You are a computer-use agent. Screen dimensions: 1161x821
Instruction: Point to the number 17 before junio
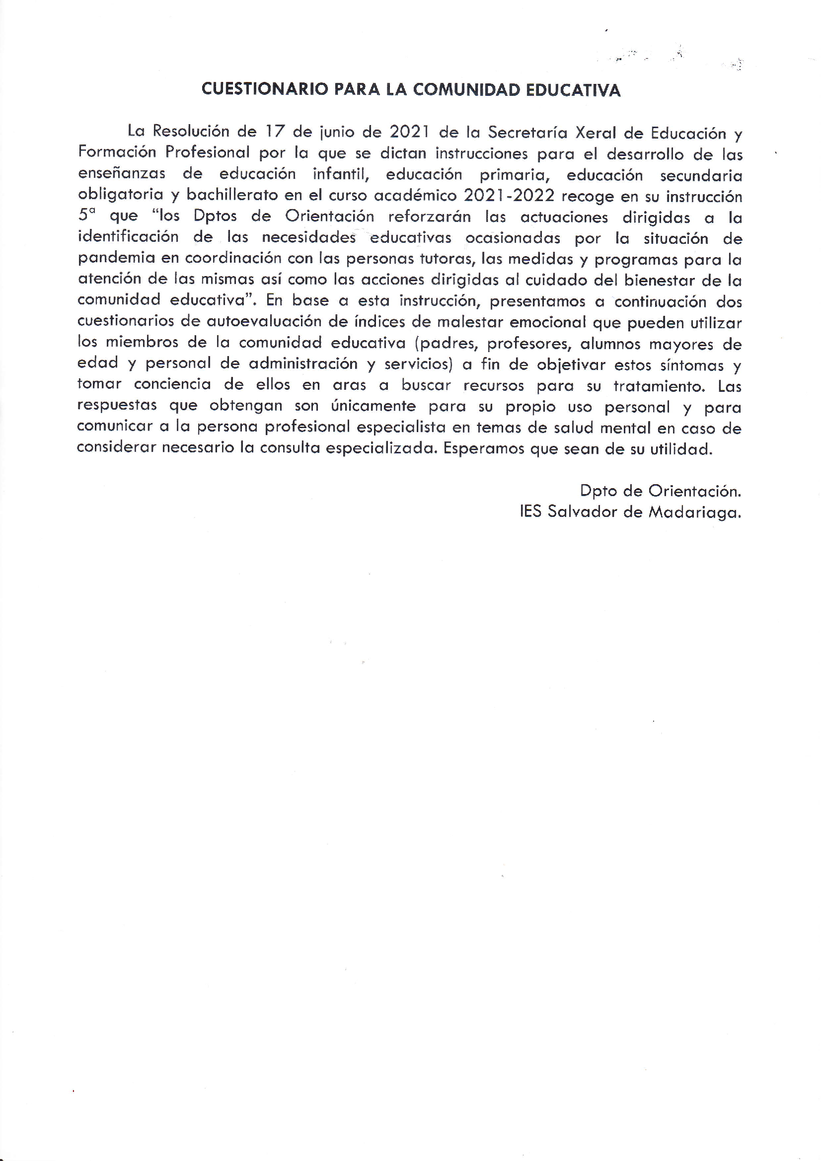275,132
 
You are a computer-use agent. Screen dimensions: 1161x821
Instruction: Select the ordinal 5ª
86,215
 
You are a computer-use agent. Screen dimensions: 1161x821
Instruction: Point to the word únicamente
373,407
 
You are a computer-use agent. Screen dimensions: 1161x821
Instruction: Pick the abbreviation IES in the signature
530,512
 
